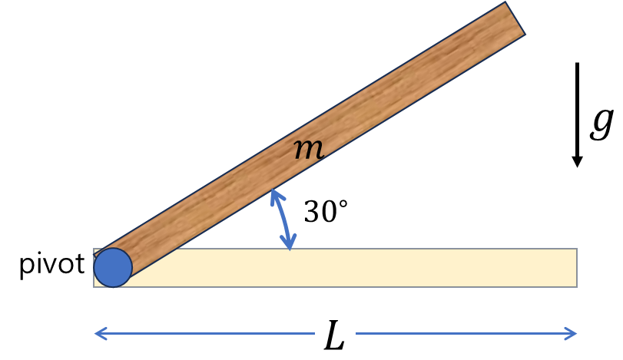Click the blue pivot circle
(x=113, y=267)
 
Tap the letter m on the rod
(x=309, y=150)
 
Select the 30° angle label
(x=326, y=212)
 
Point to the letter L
(x=334, y=335)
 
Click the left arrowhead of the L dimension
(x=98, y=333)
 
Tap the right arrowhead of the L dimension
(x=572, y=333)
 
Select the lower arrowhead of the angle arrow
(x=288, y=246)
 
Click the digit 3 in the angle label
(x=312, y=213)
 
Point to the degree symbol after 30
(x=344, y=205)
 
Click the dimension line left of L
(x=207, y=333)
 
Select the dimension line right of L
(x=461, y=333)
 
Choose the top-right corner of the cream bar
(x=576, y=249)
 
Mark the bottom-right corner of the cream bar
(x=576, y=286)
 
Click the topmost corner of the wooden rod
(x=506, y=3)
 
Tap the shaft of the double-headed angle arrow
(x=281, y=220)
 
